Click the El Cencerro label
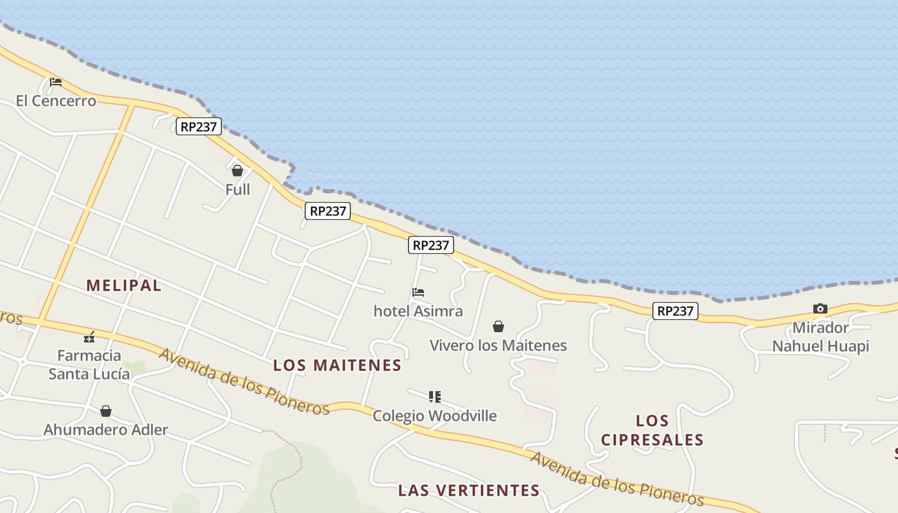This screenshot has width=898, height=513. coord(56,101)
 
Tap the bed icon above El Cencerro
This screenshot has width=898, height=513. coord(56,82)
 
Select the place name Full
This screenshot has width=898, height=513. coord(237,189)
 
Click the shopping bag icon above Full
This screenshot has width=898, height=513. coord(237,171)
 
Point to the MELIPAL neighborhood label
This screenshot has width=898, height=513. coord(124,285)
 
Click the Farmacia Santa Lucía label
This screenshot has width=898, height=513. coord(89,364)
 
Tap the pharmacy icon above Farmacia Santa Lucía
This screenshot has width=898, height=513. coord(89,337)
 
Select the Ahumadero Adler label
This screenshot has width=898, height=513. coord(106,430)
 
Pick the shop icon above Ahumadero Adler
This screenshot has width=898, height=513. coord(106,411)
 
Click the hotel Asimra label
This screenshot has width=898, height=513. coord(418,311)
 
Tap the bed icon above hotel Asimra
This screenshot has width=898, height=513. coord(418,292)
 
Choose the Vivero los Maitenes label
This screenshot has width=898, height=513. coord(498,345)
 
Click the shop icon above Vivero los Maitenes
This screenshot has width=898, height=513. coord(498,326)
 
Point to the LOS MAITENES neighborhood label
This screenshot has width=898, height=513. coord(337,366)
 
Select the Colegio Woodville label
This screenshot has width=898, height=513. coord(435,416)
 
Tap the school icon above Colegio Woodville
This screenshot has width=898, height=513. coord(435,397)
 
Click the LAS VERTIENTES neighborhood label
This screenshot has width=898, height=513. coord(469,491)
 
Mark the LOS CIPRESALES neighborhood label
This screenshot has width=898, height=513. coord(652,430)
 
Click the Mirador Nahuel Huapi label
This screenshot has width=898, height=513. coord(820,337)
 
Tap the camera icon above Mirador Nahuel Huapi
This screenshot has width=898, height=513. coord(820,309)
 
